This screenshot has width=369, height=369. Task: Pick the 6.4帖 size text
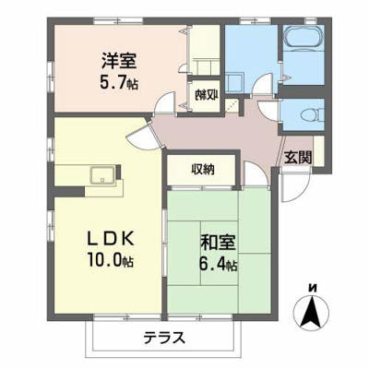click(218, 266)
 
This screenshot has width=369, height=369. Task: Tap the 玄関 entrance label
click(298, 156)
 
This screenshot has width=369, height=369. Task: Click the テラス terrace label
click(165, 338)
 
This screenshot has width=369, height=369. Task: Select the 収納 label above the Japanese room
click(203, 169)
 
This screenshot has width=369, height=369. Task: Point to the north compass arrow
click(313, 314)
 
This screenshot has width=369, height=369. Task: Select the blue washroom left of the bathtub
click(249, 60)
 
